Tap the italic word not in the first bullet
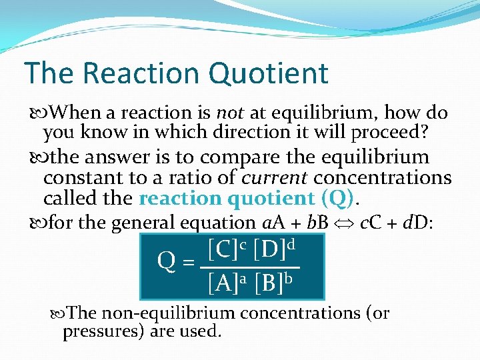tap(231, 113)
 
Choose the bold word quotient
tap(271, 199)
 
